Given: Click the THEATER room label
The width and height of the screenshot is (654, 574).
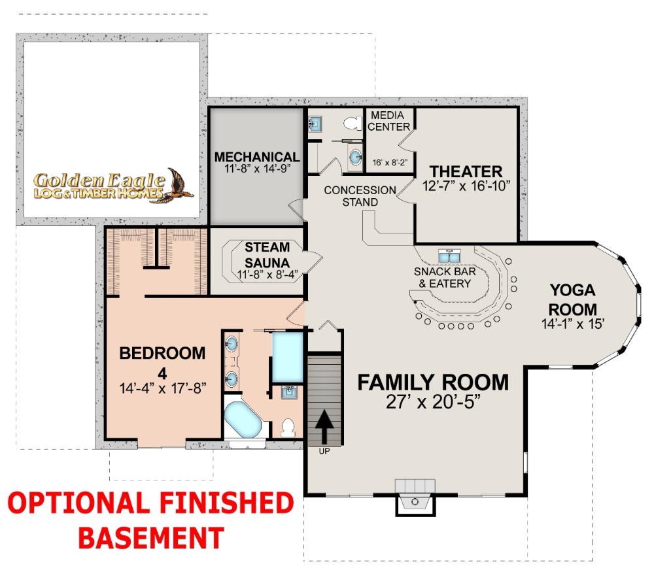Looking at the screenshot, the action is pyautogui.click(x=466, y=172).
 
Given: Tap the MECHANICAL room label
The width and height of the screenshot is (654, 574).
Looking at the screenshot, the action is pyautogui.click(x=257, y=157).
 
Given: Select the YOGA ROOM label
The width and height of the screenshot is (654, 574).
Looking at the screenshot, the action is pyautogui.click(x=572, y=299).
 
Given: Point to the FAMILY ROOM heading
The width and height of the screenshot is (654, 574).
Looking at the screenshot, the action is pyautogui.click(x=433, y=382).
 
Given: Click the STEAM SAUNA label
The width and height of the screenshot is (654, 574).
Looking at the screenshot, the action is pyautogui.click(x=267, y=255).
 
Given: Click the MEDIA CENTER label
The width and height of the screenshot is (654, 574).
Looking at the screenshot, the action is pyautogui.click(x=388, y=121).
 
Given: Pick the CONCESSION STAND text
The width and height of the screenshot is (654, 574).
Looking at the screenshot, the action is pyautogui.click(x=360, y=196).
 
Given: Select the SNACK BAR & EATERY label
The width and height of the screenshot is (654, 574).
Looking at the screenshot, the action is pyautogui.click(x=445, y=278).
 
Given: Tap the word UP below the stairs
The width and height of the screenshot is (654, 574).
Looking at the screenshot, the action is pyautogui.click(x=324, y=451).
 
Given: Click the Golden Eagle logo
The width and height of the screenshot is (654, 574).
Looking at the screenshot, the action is pyautogui.click(x=113, y=186).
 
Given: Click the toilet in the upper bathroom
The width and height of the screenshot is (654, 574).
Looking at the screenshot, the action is pyautogui.click(x=353, y=123).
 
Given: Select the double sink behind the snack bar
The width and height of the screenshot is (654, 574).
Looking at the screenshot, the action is pyautogui.click(x=449, y=256).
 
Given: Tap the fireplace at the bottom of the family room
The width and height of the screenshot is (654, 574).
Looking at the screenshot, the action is pyautogui.click(x=415, y=498).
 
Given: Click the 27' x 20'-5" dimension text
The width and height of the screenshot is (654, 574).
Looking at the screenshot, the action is pyautogui.click(x=433, y=402).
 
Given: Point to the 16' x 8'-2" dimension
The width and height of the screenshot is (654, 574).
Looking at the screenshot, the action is pyautogui.click(x=390, y=163).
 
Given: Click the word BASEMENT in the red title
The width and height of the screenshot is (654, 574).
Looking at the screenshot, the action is pyautogui.click(x=152, y=538).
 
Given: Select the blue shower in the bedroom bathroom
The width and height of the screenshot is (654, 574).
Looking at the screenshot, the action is pyautogui.click(x=287, y=357).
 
